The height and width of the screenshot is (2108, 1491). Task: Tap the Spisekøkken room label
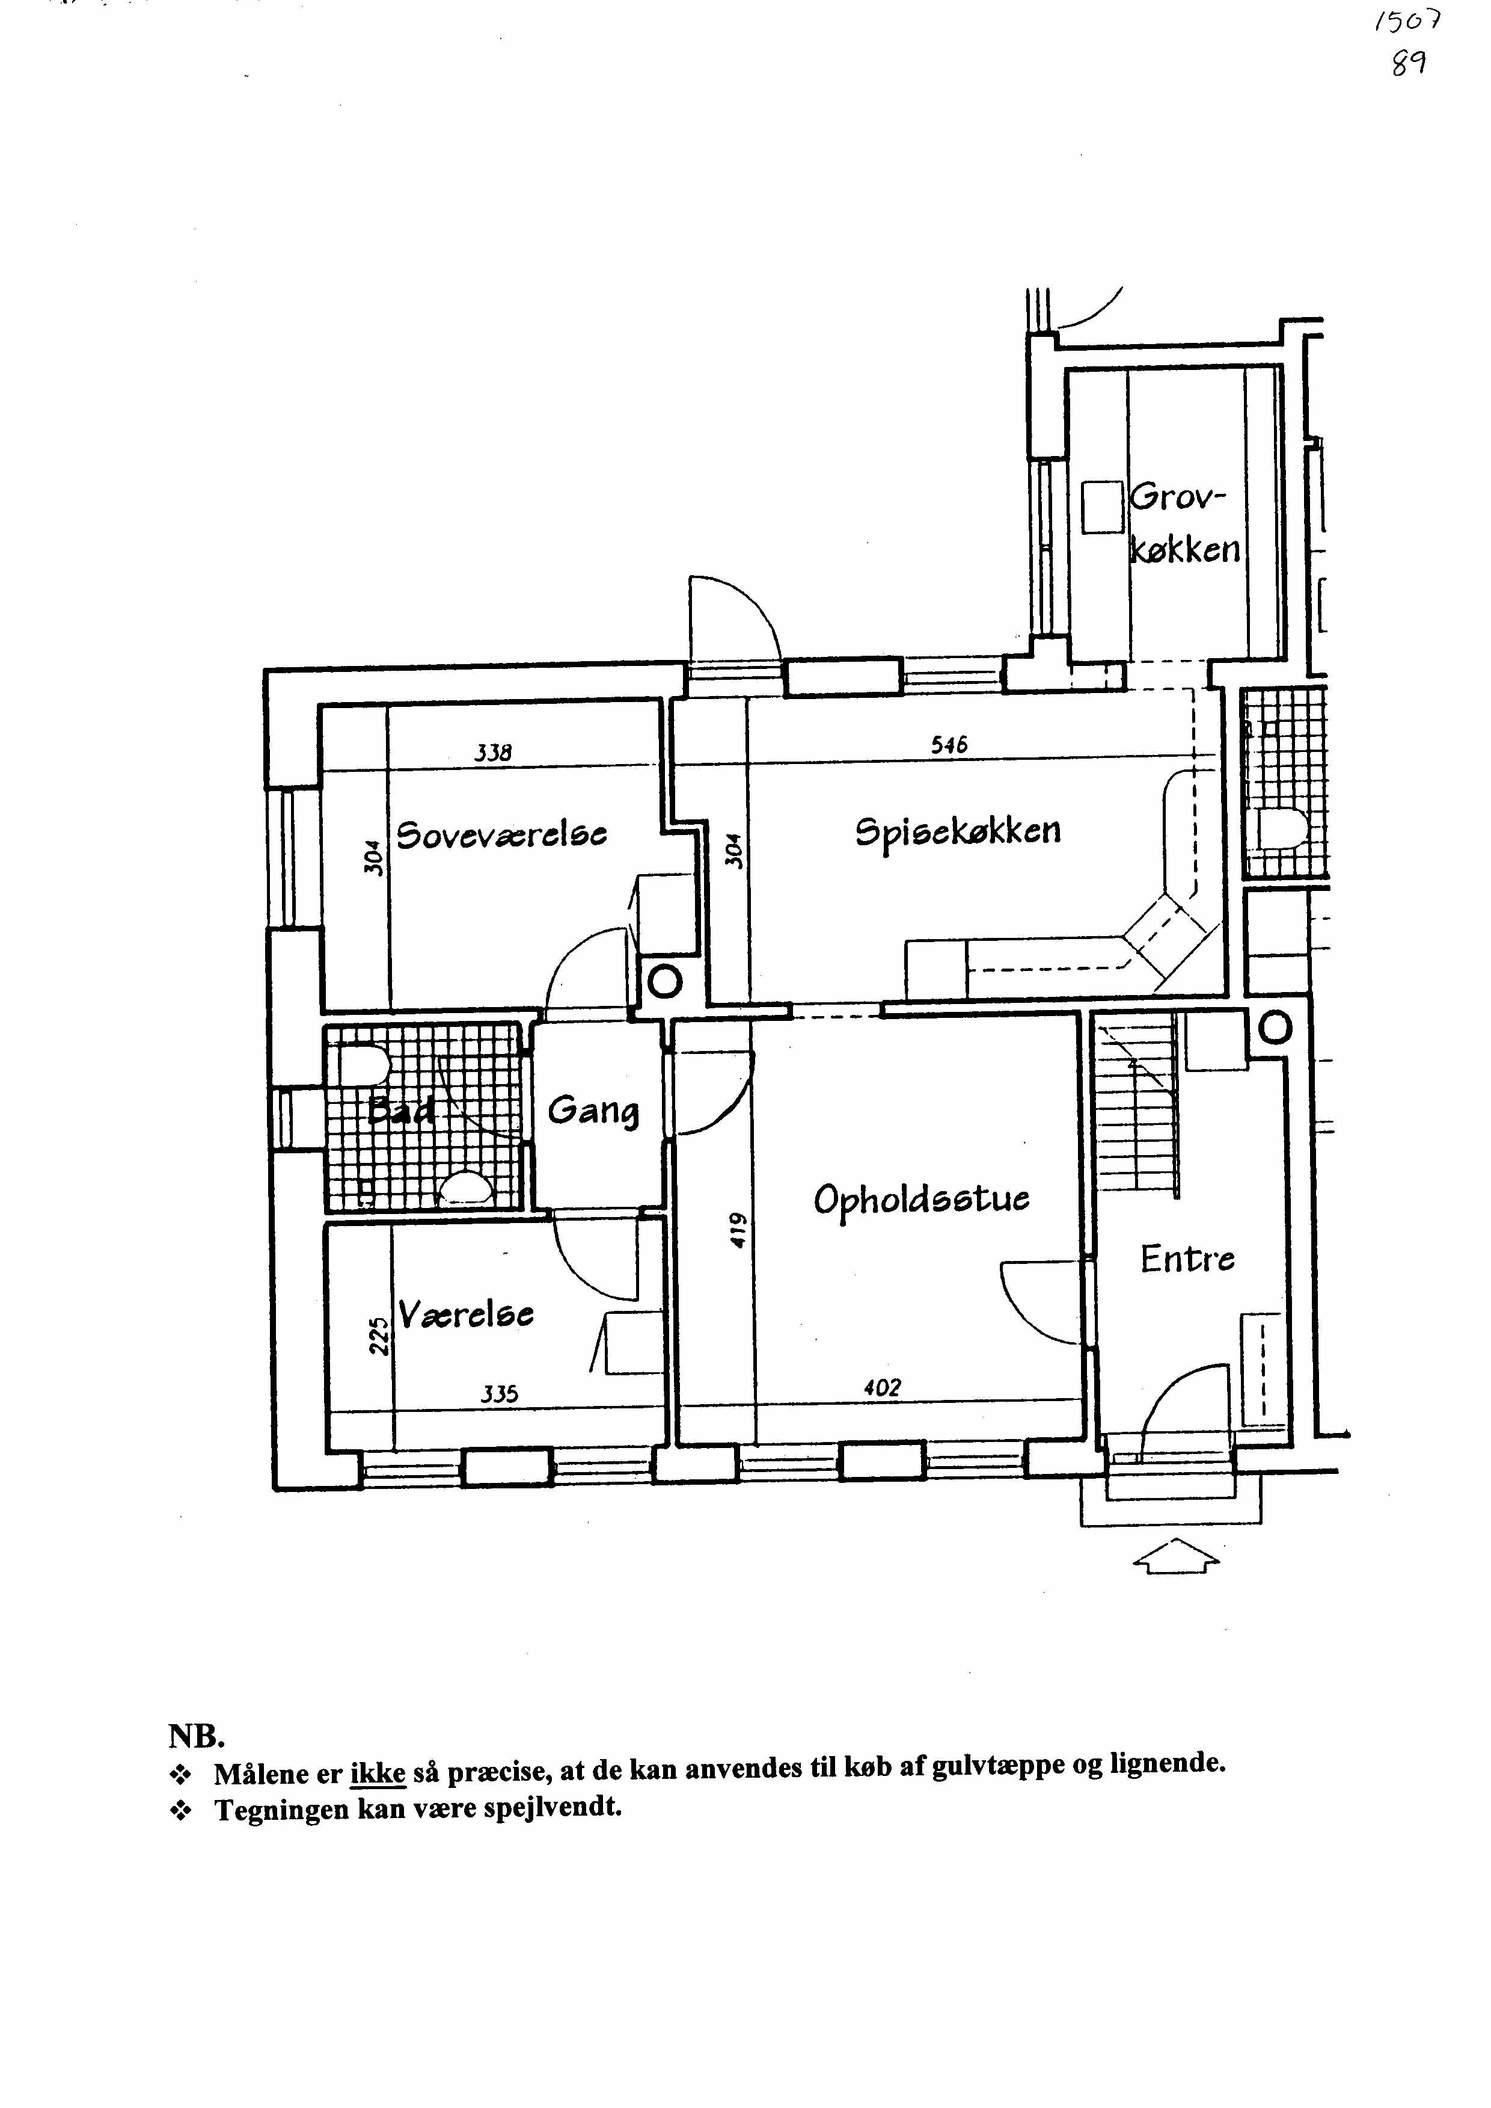coord(958,832)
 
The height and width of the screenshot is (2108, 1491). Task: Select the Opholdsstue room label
coord(922,1201)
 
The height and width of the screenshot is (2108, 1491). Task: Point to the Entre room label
coord(1187,1259)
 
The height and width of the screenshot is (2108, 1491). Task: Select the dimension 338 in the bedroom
coord(493,753)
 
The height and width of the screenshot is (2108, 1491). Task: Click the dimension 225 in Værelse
coord(378,1336)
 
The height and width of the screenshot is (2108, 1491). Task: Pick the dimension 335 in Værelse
coord(500,1395)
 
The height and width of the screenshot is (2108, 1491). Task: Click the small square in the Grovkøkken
coord(1103,507)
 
